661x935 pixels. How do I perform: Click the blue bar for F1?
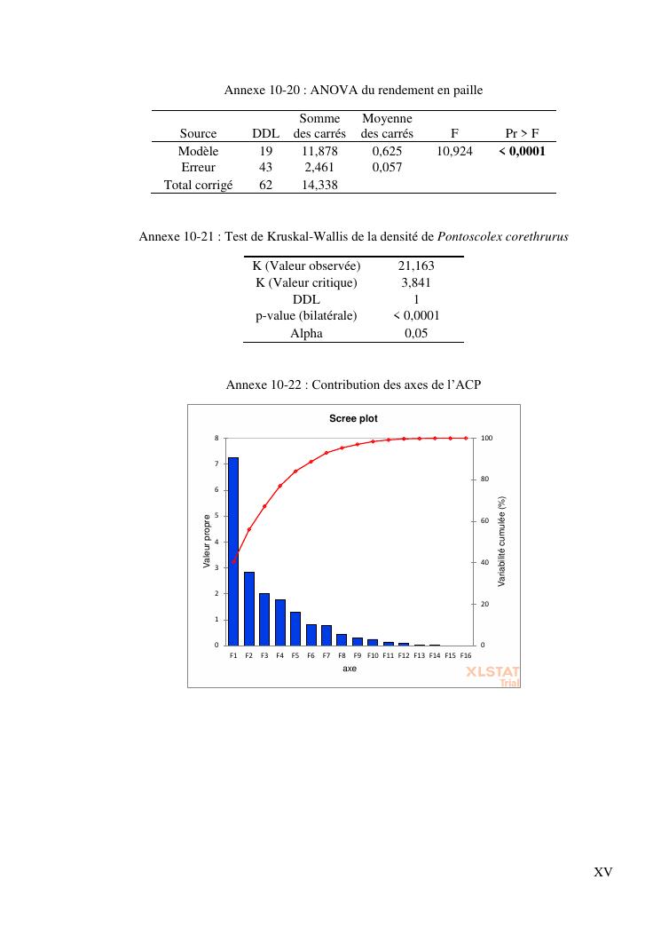pos(233,551)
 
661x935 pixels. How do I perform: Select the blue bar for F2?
pos(249,608)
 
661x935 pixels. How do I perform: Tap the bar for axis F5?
pos(295,628)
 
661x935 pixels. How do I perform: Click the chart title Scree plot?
pos(354,418)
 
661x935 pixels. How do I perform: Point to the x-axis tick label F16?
pos(466,655)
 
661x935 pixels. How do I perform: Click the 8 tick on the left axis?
pos(216,438)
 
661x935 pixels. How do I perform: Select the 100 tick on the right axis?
pos(485,438)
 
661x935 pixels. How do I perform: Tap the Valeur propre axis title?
pos(208,542)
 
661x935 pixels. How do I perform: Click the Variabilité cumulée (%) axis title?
pos(501,542)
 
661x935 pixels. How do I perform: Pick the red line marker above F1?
pos(233,560)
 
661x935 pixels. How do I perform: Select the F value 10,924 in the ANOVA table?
pos(454,152)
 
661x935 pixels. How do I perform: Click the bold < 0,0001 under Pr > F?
pos(522,152)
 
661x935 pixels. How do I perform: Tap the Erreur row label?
pos(198,168)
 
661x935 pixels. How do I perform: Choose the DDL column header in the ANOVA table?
pos(265,134)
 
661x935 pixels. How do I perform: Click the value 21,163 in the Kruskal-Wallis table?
pos(416,265)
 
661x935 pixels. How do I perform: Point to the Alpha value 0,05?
pos(416,333)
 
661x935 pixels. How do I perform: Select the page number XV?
pos(602,872)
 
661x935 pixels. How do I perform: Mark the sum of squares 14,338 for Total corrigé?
pos(319,185)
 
